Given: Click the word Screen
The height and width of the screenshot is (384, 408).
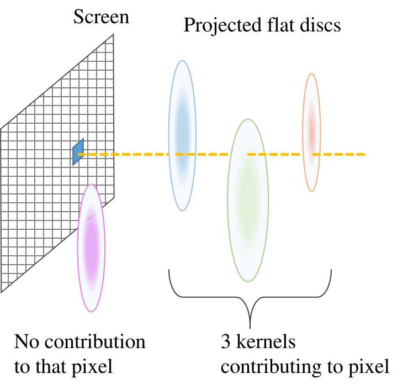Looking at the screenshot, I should click(101, 17).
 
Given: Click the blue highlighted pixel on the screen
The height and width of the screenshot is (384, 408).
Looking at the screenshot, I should click(78, 151).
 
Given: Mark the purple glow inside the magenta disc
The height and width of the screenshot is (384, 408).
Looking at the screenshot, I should click(91, 243).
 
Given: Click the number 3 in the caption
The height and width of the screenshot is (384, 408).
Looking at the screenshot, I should click(224, 343).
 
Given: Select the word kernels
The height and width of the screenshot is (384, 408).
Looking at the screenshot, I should click(264, 343).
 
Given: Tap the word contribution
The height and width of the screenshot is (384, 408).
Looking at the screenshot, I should click(95, 343).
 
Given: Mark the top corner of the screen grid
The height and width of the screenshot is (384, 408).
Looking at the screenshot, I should click(114, 35).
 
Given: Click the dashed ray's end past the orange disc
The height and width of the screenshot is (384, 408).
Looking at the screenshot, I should click(364, 154).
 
